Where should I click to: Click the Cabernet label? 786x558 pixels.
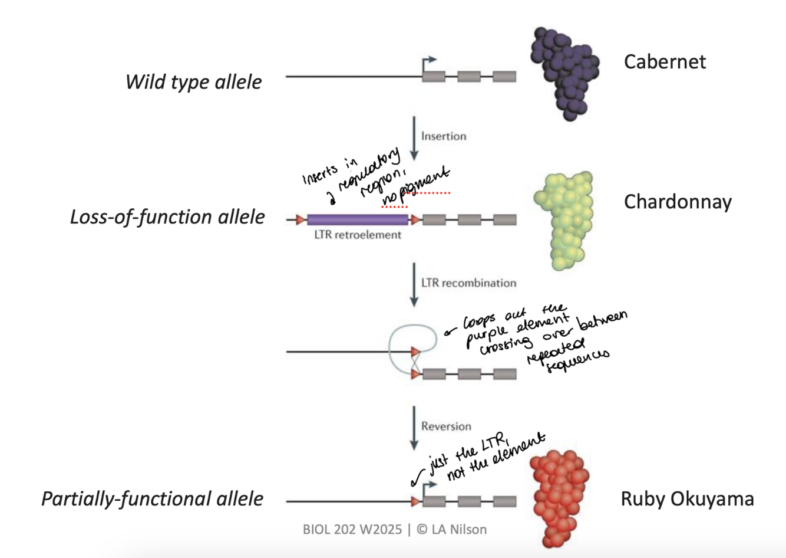pos(664,62)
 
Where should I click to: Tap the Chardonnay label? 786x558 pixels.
pos(678,202)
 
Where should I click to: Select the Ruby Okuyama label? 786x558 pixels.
pos(687,499)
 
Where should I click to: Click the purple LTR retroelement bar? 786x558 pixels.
pos(357,219)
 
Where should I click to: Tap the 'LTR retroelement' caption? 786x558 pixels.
pos(357,235)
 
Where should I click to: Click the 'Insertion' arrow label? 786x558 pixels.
pos(443,136)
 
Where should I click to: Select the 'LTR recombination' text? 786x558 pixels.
pos(468,283)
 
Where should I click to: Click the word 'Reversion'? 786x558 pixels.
pos(446,426)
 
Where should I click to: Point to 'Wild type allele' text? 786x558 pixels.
pos(193,82)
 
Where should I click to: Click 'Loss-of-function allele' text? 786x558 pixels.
pos(167,217)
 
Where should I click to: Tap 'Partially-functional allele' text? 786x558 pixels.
pos(152,499)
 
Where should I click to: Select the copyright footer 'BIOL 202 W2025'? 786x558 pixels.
pos(352,529)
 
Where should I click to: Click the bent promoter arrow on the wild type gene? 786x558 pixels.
pos(428,63)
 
